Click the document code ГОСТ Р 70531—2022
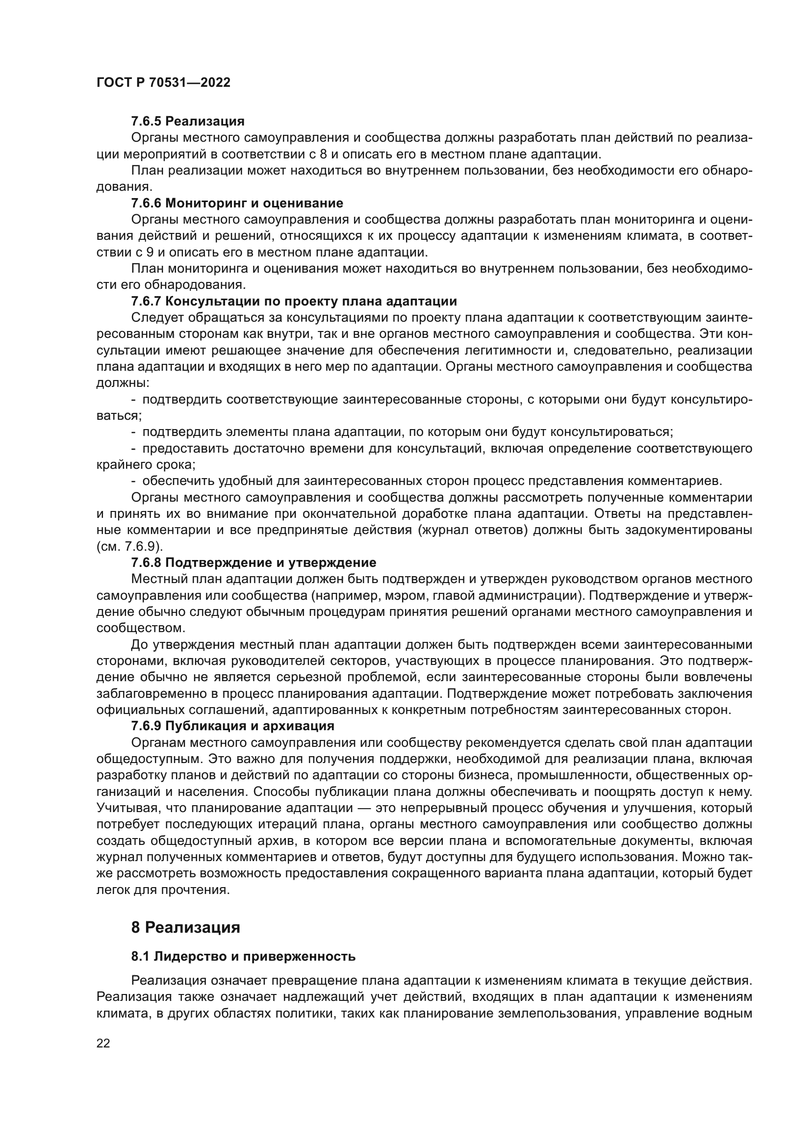(x=163, y=83)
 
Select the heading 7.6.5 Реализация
(x=188, y=121)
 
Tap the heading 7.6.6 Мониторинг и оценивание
(x=237, y=203)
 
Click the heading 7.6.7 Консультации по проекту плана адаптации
(x=294, y=301)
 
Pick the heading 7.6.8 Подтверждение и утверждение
(x=253, y=562)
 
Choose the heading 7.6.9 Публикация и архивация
(x=233, y=725)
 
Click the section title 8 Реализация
(x=185, y=928)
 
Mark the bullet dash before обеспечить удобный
(x=133, y=481)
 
